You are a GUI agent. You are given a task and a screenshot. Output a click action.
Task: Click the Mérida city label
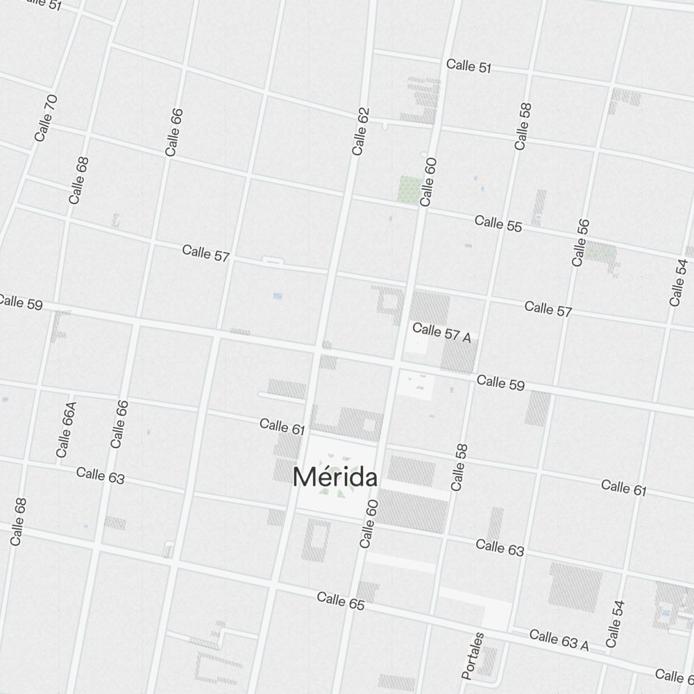(x=335, y=477)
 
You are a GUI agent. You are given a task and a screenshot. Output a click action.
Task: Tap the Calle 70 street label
(x=46, y=117)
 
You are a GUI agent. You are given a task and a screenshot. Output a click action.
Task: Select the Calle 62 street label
(x=360, y=131)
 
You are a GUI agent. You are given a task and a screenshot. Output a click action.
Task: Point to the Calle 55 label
(x=498, y=223)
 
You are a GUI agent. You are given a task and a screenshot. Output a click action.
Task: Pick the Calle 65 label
(x=341, y=601)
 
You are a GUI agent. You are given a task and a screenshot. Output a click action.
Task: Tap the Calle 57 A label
(x=441, y=332)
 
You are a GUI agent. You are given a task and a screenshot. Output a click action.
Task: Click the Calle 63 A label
(x=559, y=640)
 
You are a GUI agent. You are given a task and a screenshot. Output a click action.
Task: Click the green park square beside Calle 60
(x=409, y=189)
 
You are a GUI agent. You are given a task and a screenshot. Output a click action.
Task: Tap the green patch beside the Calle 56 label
(x=601, y=252)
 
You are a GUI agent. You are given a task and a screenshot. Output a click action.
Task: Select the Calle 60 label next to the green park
(x=428, y=182)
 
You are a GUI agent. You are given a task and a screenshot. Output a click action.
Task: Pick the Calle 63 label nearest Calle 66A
(x=100, y=475)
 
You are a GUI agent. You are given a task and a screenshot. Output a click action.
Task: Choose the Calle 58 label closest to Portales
(x=459, y=467)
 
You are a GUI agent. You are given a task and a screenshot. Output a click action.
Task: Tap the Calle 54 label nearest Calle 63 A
(x=615, y=624)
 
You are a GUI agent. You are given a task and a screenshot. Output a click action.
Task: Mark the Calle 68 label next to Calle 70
(x=78, y=180)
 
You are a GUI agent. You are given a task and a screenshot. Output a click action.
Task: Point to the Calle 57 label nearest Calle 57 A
(x=548, y=309)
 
